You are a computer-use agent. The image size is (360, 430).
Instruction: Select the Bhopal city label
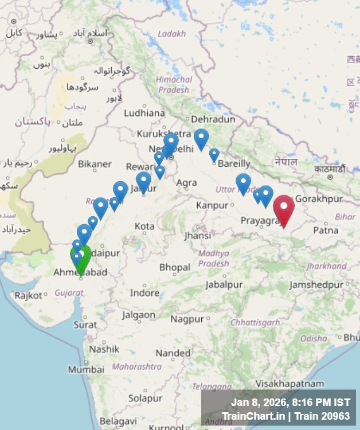pos(174,268)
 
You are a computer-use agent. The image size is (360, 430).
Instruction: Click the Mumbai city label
pos(86,370)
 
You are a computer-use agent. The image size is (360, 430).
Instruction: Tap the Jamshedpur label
pos(316,285)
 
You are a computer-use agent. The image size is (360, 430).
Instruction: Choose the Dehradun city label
pos(213,119)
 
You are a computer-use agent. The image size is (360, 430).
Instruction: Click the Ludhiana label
pos(144,113)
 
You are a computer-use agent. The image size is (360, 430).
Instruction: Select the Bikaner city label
pos(95,164)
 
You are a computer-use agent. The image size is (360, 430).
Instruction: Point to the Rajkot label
pos(29,296)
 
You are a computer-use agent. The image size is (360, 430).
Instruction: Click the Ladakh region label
pos(172,34)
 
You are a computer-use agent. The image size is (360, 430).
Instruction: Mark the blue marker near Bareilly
pos(214,155)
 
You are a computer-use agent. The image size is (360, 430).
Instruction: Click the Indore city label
pos(144,293)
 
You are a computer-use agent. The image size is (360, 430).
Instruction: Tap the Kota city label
pos(144,226)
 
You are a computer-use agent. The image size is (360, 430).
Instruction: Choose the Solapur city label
pos(145,398)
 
